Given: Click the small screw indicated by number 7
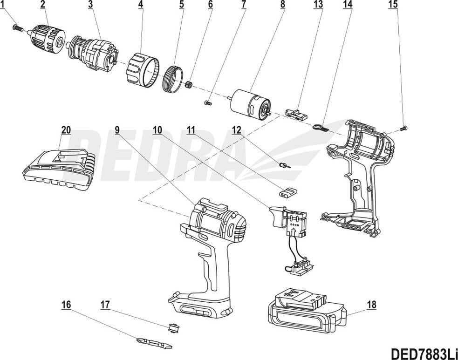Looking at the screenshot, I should point(209,101).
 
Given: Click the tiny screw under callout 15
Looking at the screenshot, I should point(404,127).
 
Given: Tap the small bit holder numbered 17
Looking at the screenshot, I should point(174,328).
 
